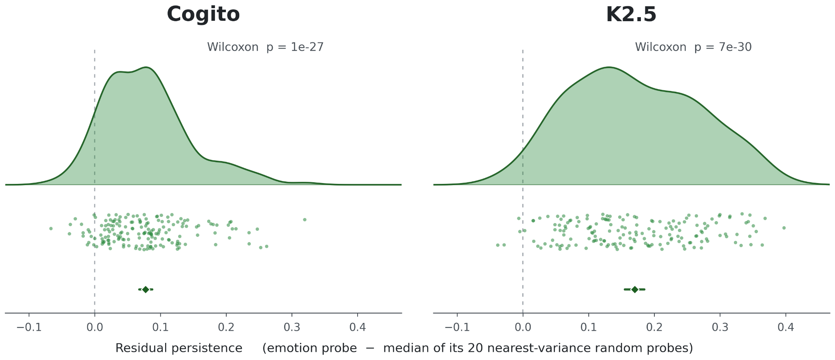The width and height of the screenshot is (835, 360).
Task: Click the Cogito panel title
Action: click(x=203, y=15)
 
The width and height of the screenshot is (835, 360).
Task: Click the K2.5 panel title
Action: click(x=631, y=15)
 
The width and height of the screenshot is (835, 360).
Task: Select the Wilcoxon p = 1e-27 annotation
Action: click(x=265, y=47)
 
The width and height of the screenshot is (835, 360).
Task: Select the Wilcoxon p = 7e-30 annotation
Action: click(x=693, y=47)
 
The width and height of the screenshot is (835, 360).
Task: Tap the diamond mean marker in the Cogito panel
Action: click(x=146, y=289)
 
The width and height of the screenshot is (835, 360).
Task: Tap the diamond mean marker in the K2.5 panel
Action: click(x=634, y=289)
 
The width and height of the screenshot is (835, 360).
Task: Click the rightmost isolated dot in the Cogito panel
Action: click(x=305, y=220)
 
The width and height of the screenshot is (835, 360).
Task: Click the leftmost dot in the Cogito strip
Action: click(x=51, y=229)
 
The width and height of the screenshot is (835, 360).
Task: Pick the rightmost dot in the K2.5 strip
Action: click(x=784, y=228)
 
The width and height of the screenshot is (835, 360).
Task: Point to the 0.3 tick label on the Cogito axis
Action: click(x=292, y=328)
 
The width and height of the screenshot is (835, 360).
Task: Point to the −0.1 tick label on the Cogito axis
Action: click(x=29, y=328)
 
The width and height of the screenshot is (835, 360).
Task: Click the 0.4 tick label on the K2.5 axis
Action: click(x=786, y=328)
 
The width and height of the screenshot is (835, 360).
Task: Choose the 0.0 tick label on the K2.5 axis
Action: click(x=523, y=328)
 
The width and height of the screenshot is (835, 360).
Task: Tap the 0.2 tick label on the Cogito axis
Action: click(x=226, y=328)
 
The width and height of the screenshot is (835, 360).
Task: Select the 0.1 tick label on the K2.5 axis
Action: click(x=588, y=328)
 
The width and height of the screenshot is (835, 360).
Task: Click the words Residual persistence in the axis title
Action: click(x=179, y=348)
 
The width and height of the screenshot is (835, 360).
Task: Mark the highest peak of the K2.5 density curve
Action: click(x=609, y=67)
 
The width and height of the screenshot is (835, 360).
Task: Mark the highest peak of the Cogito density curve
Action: click(x=146, y=67)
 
